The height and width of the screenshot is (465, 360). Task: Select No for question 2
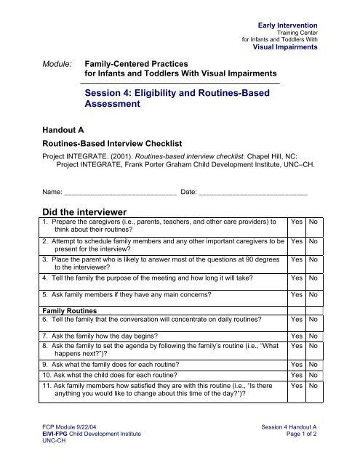click(313, 239)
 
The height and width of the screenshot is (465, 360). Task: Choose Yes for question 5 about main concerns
click(297, 295)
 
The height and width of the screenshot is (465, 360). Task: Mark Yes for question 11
click(297, 387)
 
